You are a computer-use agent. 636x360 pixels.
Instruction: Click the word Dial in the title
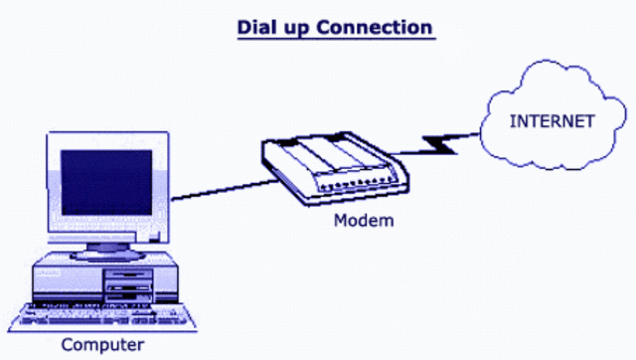click(256, 27)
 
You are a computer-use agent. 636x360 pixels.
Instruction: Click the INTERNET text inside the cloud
click(553, 121)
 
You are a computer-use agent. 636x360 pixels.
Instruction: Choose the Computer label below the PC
click(102, 345)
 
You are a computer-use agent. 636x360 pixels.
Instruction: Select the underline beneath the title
click(335, 38)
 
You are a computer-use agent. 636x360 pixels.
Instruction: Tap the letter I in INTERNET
click(513, 121)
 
